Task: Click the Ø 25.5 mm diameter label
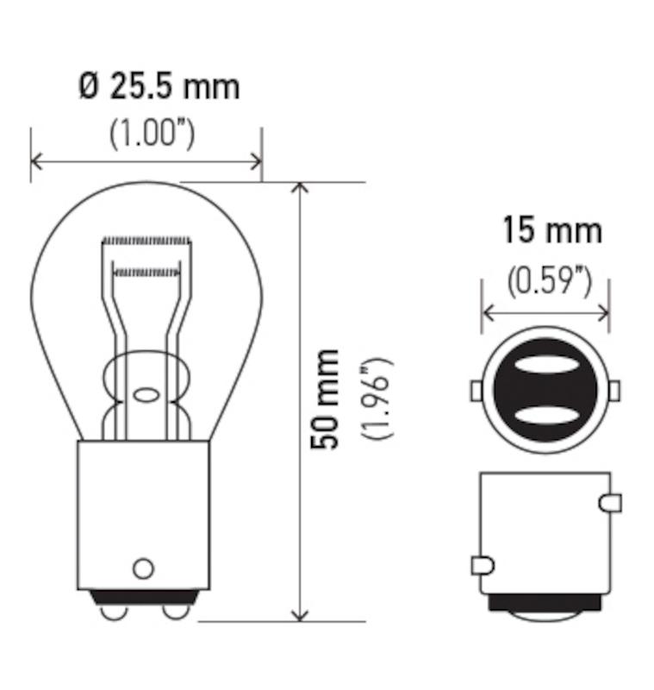coord(159,87)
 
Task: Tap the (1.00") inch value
coord(152,134)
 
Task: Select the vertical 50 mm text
coord(327,398)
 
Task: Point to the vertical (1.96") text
coord(377,398)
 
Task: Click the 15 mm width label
coord(551,231)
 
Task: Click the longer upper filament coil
coord(145,239)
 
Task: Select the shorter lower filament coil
coord(146,273)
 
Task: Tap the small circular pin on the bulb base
coord(143,568)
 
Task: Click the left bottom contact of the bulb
coord(111,611)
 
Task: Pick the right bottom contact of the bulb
coord(175,611)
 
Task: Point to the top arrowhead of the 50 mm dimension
coord(299,189)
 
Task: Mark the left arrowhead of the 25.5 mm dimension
coord(37,160)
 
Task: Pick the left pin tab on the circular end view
coord(476,391)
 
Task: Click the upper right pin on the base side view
coord(609,501)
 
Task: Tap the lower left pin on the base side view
coord(483,566)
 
